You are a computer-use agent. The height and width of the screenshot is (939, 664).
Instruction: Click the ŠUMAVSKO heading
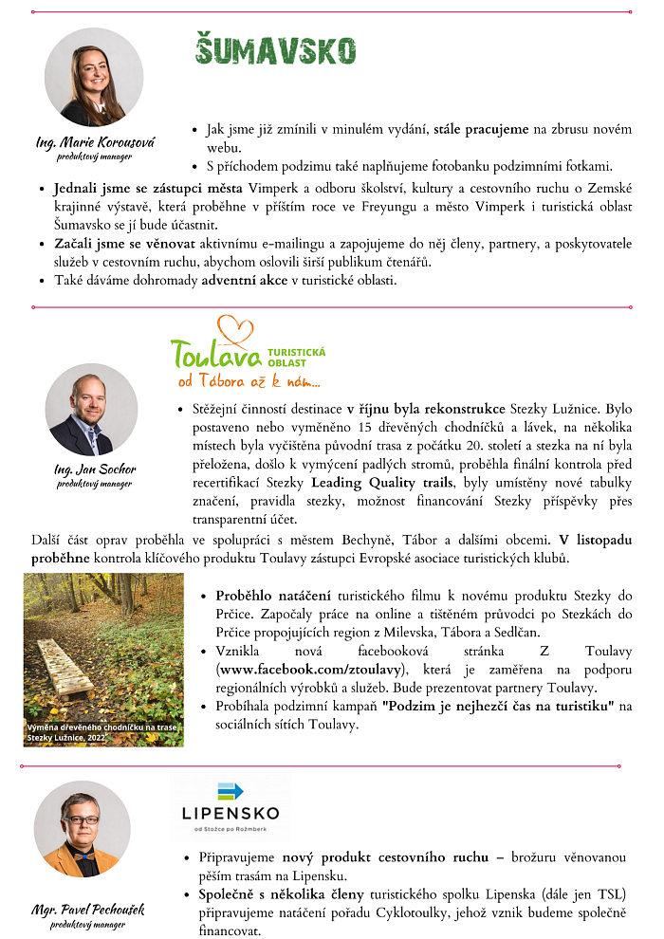pyautogui.click(x=275, y=49)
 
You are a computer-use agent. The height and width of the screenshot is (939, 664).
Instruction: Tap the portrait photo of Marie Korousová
pyautogui.click(x=94, y=77)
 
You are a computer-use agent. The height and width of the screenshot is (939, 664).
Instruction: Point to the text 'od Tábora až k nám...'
pyautogui.click(x=249, y=382)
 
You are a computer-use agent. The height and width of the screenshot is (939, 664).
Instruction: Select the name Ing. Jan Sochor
pyautogui.click(x=95, y=469)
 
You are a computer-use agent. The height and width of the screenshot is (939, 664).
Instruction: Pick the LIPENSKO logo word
pyautogui.click(x=230, y=813)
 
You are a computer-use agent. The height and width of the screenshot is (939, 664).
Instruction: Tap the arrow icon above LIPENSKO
pyautogui.click(x=230, y=790)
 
